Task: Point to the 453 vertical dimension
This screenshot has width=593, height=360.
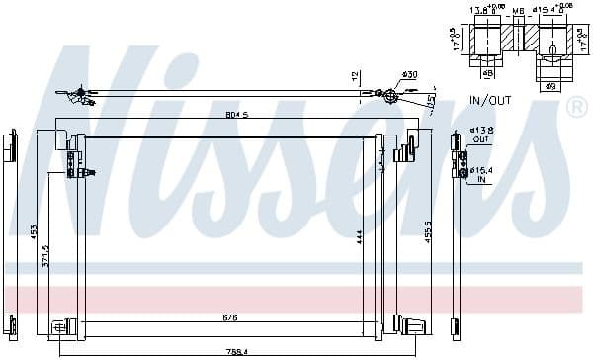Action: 33,231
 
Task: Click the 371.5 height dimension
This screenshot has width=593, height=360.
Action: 45,257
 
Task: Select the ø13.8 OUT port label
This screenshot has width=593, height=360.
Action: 480,135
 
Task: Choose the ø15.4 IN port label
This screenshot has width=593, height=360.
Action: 481,174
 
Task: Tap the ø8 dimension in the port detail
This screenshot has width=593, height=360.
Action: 487,72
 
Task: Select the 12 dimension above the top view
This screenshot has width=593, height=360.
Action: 354,76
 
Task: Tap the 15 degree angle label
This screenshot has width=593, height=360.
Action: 431,100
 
